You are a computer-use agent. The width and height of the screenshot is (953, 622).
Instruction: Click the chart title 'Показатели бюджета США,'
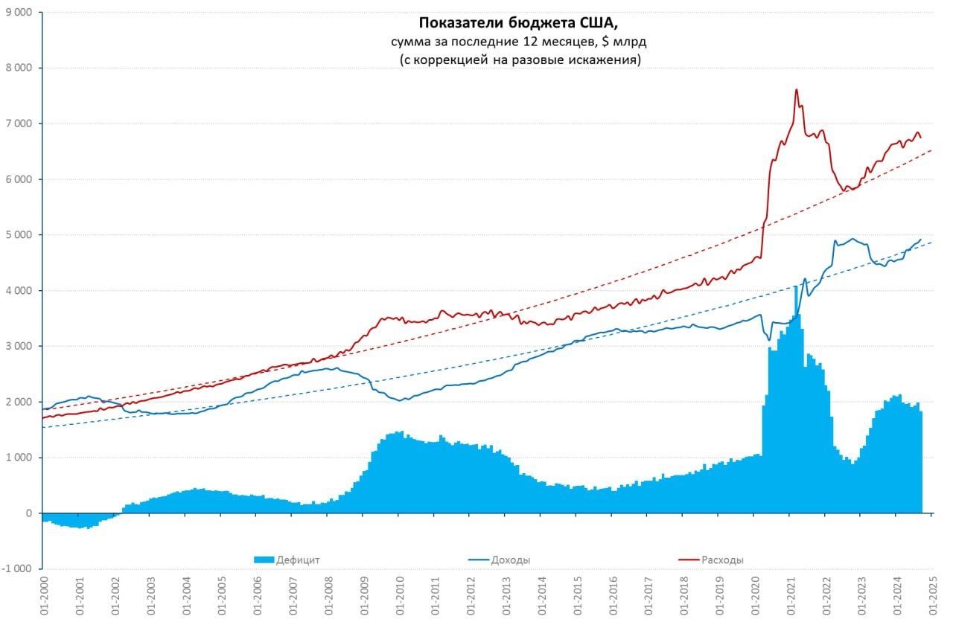coord(519,23)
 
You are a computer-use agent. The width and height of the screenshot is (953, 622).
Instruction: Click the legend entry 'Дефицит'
coord(298,560)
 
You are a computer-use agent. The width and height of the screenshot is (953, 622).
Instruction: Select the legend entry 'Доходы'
coord(511,560)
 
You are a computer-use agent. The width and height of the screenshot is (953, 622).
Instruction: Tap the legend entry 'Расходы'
coord(722,560)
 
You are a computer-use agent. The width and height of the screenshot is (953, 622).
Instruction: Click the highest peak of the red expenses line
coord(797,90)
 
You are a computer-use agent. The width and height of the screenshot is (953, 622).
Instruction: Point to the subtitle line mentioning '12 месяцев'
coord(519,42)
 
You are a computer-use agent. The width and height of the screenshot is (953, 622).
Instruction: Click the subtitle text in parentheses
coord(519,60)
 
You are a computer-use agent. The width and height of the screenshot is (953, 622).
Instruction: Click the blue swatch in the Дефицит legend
coord(264,560)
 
